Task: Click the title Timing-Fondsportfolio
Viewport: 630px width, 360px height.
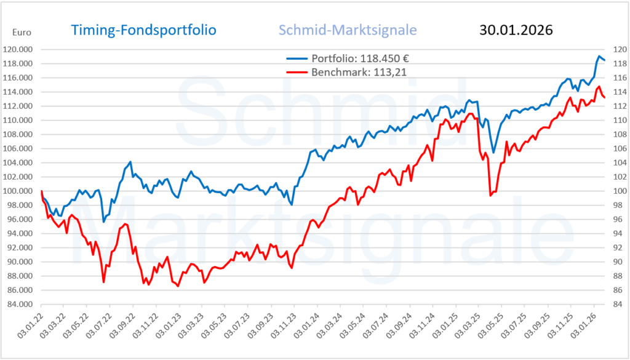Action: [x=143, y=30]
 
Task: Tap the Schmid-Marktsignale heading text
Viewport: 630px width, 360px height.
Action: [x=348, y=30]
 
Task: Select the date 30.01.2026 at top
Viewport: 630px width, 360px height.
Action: [x=515, y=30]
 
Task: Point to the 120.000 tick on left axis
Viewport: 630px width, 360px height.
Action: [x=20, y=49]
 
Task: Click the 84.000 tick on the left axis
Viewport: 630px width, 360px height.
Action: [x=22, y=304]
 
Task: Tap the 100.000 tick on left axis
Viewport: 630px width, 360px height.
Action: [x=20, y=191]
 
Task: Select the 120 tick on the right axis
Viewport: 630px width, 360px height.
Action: [x=616, y=49]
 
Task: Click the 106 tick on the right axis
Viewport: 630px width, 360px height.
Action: [x=616, y=148]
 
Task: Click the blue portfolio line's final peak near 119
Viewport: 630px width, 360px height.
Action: [x=599, y=57]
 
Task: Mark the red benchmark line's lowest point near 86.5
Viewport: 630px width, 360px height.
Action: [x=178, y=286]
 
